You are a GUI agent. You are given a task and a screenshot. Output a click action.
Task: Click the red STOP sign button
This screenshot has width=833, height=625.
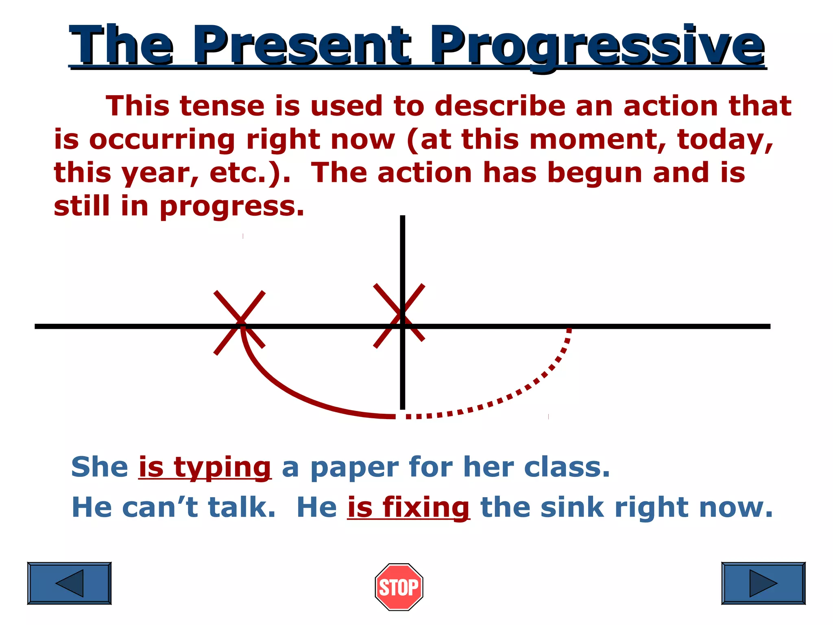(399, 587)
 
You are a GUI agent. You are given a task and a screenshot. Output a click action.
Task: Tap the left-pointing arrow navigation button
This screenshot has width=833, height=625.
(69, 583)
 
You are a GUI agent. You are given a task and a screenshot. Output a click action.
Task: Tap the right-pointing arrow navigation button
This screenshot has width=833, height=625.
(763, 583)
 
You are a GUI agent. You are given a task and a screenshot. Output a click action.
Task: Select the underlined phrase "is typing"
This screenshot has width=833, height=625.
(205, 467)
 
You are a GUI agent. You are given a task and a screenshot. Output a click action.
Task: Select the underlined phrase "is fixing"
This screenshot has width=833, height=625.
(408, 507)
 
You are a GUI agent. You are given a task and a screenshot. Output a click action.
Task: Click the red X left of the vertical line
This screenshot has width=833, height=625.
(240, 323)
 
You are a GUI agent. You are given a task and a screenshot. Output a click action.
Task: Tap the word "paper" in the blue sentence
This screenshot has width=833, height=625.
(354, 467)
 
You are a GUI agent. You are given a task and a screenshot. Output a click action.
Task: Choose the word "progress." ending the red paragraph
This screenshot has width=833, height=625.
(232, 207)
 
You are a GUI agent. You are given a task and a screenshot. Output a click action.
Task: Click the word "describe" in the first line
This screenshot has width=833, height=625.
(500, 106)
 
